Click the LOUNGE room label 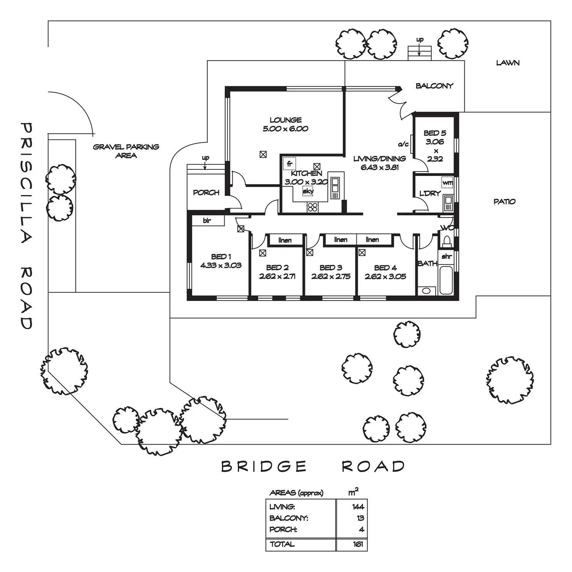(x=286, y=120)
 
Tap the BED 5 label (x=435, y=133)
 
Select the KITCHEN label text (x=306, y=173)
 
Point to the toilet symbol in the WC (x=447, y=241)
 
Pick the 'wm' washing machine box (x=448, y=182)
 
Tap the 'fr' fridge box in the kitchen (x=289, y=164)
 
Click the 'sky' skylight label (x=308, y=191)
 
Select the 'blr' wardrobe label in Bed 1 (x=207, y=221)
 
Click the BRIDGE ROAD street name (x=313, y=466)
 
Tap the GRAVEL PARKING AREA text (x=126, y=151)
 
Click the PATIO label (x=504, y=202)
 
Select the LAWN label (x=507, y=63)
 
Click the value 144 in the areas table (x=358, y=507)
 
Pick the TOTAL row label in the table (x=282, y=544)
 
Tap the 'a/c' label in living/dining (x=403, y=144)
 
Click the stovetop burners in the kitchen (x=312, y=207)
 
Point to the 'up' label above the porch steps (x=205, y=158)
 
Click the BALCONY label (x=434, y=86)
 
